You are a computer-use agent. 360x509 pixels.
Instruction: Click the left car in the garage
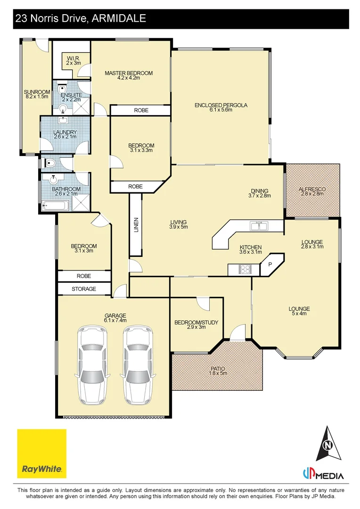pyautogui.click(x=92, y=365)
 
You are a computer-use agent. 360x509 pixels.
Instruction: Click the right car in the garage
pyautogui.click(x=138, y=365)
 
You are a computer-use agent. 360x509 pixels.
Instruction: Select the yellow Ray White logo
pyautogui.click(x=42, y=453)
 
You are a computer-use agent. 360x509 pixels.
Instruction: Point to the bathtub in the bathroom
pyautogui.click(x=55, y=205)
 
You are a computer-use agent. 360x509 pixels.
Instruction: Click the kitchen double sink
pyautogui.click(x=259, y=226)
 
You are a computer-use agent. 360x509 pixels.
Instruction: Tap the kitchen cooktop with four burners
pyautogui.click(x=245, y=269)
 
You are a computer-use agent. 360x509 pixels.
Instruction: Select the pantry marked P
pyautogui.click(x=270, y=264)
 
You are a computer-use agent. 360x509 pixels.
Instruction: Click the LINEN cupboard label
pyautogui.click(x=136, y=225)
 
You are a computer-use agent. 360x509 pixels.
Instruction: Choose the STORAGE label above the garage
pyautogui.click(x=84, y=288)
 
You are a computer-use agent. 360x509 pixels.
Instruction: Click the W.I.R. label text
pyautogui.click(x=74, y=58)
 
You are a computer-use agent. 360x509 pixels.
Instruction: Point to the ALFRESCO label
pyautogui.click(x=312, y=189)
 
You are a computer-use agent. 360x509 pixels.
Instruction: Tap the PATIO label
pyautogui.click(x=218, y=369)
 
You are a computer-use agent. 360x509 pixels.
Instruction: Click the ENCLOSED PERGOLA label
pyautogui.click(x=221, y=105)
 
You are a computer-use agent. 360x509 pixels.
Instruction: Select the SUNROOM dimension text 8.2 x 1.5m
pyautogui.click(x=37, y=97)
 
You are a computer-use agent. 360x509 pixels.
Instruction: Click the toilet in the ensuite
pyautogui.click(x=62, y=89)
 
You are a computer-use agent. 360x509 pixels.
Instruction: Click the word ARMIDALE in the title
pyautogui.click(x=119, y=18)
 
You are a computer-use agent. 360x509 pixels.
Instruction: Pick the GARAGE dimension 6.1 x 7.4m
pyautogui.click(x=115, y=320)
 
